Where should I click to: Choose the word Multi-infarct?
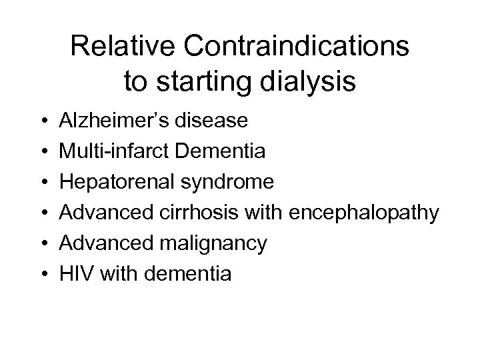pyautogui.click(x=115, y=151)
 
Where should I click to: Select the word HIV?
pyautogui.click(x=74, y=274)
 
